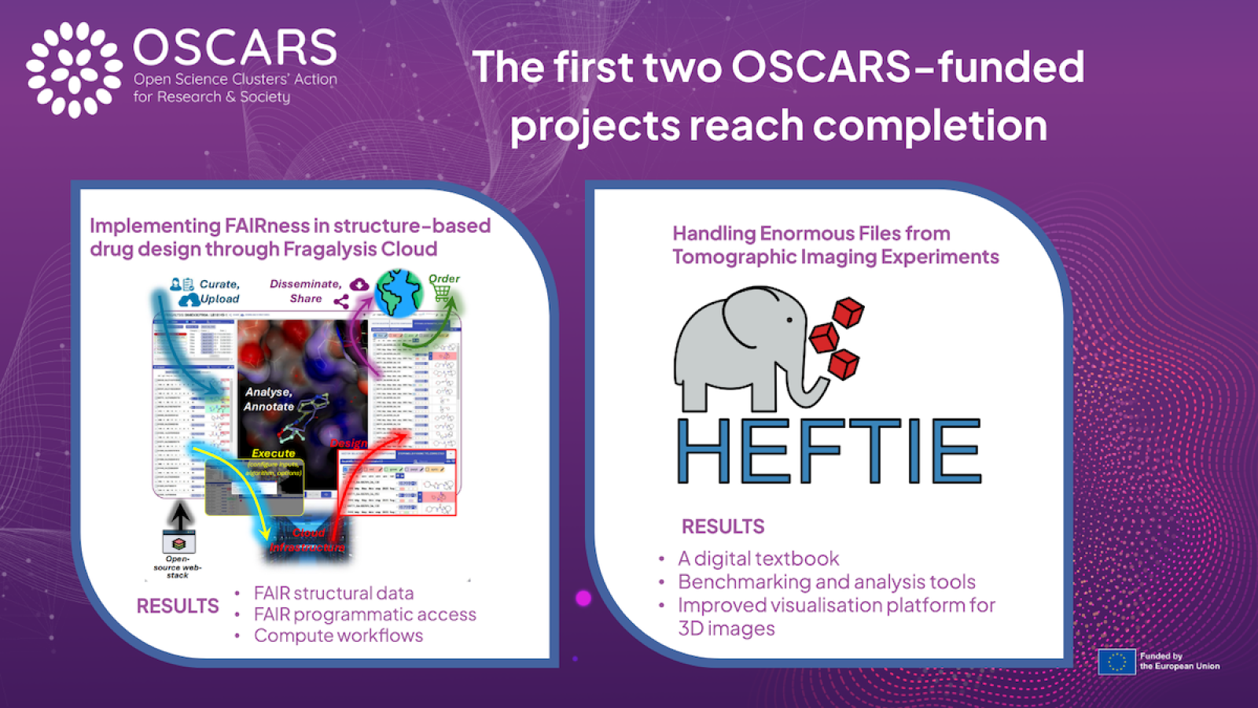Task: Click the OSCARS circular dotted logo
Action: click(x=74, y=69)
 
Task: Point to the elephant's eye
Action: click(x=790, y=320)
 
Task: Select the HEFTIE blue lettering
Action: click(x=829, y=450)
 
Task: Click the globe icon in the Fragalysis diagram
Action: click(x=399, y=293)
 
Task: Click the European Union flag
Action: click(x=1116, y=662)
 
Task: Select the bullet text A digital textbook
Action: click(x=759, y=559)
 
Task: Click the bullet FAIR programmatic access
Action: click(x=365, y=614)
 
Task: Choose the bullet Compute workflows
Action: click(x=338, y=636)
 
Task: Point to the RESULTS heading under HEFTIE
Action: click(x=723, y=526)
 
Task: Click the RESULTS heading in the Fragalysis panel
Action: click(x=178, y=606)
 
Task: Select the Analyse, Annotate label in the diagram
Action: click(x=269, y=399)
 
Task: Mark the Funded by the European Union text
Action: click(x=1179, y=661)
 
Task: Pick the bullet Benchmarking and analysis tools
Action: click(x=826, y=582)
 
